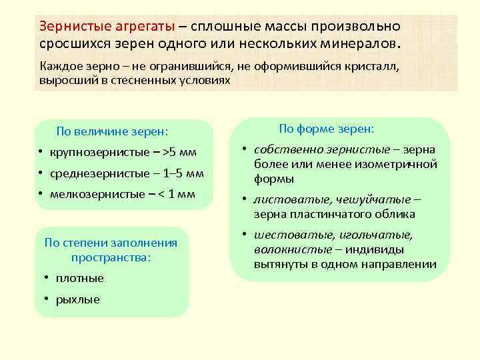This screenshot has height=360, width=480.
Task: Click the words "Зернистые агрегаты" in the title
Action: pos(107,27)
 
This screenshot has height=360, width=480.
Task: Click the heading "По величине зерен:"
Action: pos(112,131)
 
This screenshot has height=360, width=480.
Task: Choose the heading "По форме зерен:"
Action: pos(326,128)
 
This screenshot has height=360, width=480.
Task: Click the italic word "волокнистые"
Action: pos(293,249)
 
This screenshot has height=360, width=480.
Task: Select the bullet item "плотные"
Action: pos(79,278)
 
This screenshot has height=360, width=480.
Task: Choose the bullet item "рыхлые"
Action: pos(77,299)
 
